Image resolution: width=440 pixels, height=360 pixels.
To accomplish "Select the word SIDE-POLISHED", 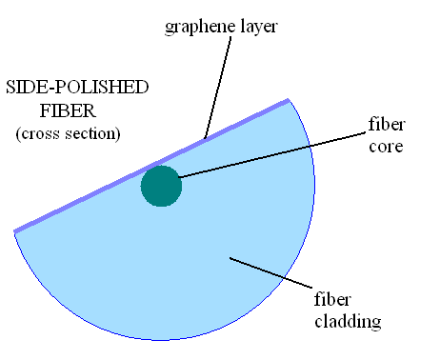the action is coord(77,87).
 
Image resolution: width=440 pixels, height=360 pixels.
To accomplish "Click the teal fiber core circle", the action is coord(161,185).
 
